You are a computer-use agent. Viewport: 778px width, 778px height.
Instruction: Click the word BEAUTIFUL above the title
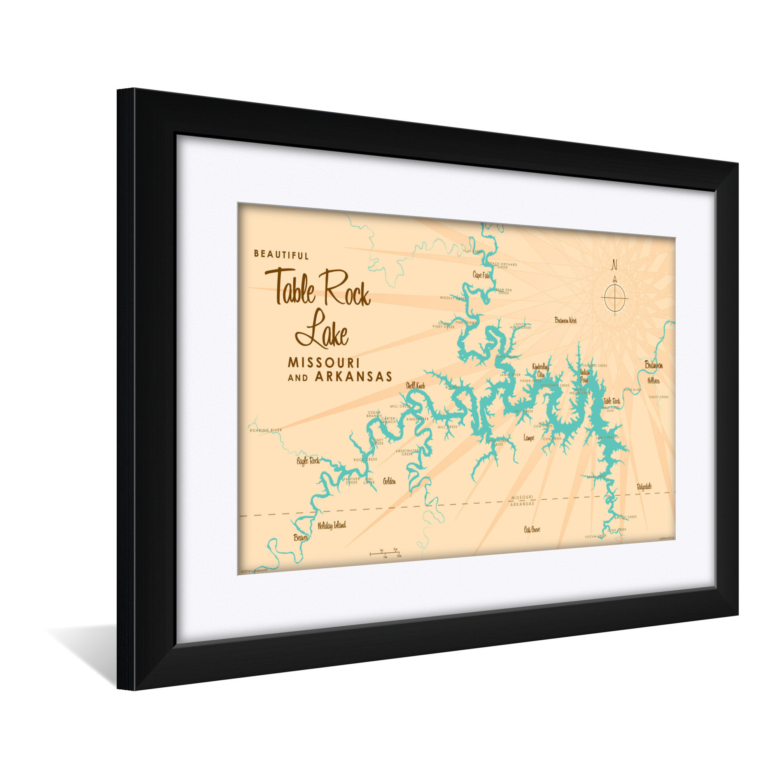tap(281, 254)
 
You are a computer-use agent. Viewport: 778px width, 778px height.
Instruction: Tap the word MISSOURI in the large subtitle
tap(323, 363)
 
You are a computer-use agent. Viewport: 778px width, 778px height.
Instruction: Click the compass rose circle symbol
tap(614, 298)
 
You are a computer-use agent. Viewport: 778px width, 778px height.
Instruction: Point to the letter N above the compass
tap(614, 265)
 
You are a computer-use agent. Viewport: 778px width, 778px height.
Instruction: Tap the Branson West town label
tap(565, 321)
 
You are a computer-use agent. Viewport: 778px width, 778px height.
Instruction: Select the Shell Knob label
tap(415, 385)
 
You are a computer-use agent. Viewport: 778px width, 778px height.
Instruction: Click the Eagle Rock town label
tap(308, 461)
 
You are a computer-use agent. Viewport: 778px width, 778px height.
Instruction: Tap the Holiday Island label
tap(331, 526)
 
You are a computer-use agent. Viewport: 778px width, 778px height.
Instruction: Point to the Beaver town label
tap(301, 538)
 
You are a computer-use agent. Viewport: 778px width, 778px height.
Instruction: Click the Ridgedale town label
tap(644, 487)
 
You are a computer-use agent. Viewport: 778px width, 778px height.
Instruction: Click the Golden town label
tap(389, 481)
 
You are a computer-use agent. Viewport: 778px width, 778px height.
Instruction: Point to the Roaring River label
tap(265, 431)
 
